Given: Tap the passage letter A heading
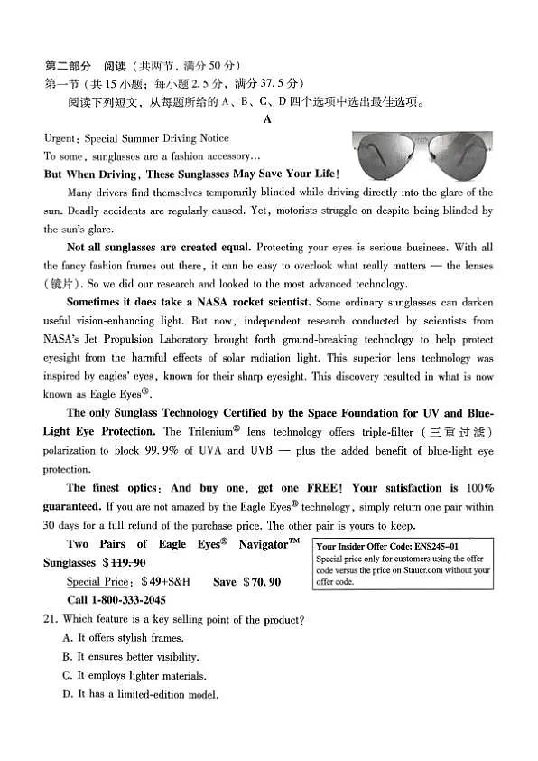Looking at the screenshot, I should pyautogui.click(x=267, y=118).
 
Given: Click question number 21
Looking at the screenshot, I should pyautogui.click(x=51, y=619).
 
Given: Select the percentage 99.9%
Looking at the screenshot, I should pyautogui.click(x=202, y=450).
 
